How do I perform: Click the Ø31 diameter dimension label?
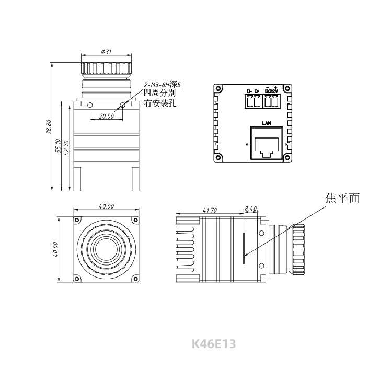pyautogui.click(x=106, y=52)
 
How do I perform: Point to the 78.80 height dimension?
pyautogui.click(x=49, y=127)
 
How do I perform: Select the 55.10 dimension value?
pyautogui.click(x=57, y=146)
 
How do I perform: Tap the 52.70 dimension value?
pyautogui.click(x=66, y=147)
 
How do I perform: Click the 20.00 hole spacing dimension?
pyautogui.click(x=106, y=116)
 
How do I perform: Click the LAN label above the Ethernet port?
pyautogui.click(x=267, y=123)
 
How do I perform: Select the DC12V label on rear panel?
pyautogui.click(x=271, y=91)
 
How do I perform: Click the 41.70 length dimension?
pyautogui.click(x=210, y=210)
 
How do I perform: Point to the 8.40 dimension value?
pyautogui.click(x=250, y=209)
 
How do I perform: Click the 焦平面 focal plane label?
pyautogui.click(x=342, y=198)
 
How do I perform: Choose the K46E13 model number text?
pyautogui.click(x=214, y=344)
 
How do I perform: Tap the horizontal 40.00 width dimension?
pyautogui.click(x=106, y=206)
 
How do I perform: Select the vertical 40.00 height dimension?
pyautogui.click(x=55, y=249)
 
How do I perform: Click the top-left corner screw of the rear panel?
pyautogui.click(x=218, y=88)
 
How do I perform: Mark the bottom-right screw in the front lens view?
pyautogui.click(x=135, y=279)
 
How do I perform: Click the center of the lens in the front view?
pyautogui.click(x=106, y=249)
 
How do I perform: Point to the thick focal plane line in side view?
pyautogui.click(x=244, y=248)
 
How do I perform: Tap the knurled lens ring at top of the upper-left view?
pyautogui.click(x=106, y=68)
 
